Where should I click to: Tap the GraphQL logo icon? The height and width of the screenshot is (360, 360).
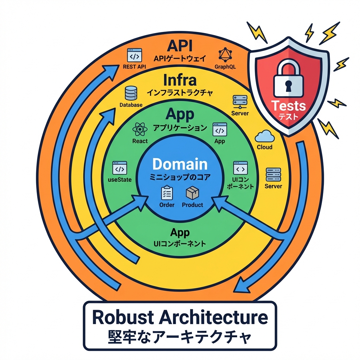pos(225,55)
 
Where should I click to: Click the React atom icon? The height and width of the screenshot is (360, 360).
pos(140,130)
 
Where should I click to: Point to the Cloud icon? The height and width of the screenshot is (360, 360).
pos(264,136)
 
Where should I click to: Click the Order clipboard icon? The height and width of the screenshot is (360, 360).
pos(167,193)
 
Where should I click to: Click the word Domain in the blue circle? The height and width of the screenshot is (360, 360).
pos(180,164)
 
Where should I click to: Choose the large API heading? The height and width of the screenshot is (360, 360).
pos(180,46)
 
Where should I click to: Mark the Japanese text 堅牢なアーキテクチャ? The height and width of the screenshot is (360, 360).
pos(179,336)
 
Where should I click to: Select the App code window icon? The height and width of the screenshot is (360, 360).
pos(219,130)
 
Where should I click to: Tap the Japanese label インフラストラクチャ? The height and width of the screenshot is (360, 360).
pos(180,93)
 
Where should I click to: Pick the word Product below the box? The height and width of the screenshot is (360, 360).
pos(192,205)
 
